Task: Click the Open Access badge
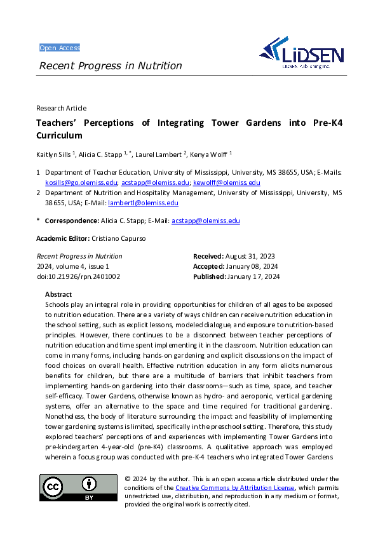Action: (60, 48)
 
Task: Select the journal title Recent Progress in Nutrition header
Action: (111, 66)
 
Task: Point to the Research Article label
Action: (62, 108)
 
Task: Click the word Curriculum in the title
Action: (60, 135)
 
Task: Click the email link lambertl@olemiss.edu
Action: (143, 203)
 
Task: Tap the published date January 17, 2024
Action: (257, 276)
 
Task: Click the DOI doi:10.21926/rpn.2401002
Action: (78, 276)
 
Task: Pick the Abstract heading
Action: (58, 294)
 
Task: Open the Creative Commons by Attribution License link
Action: (235, 487)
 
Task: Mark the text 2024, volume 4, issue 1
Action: (73, 266)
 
